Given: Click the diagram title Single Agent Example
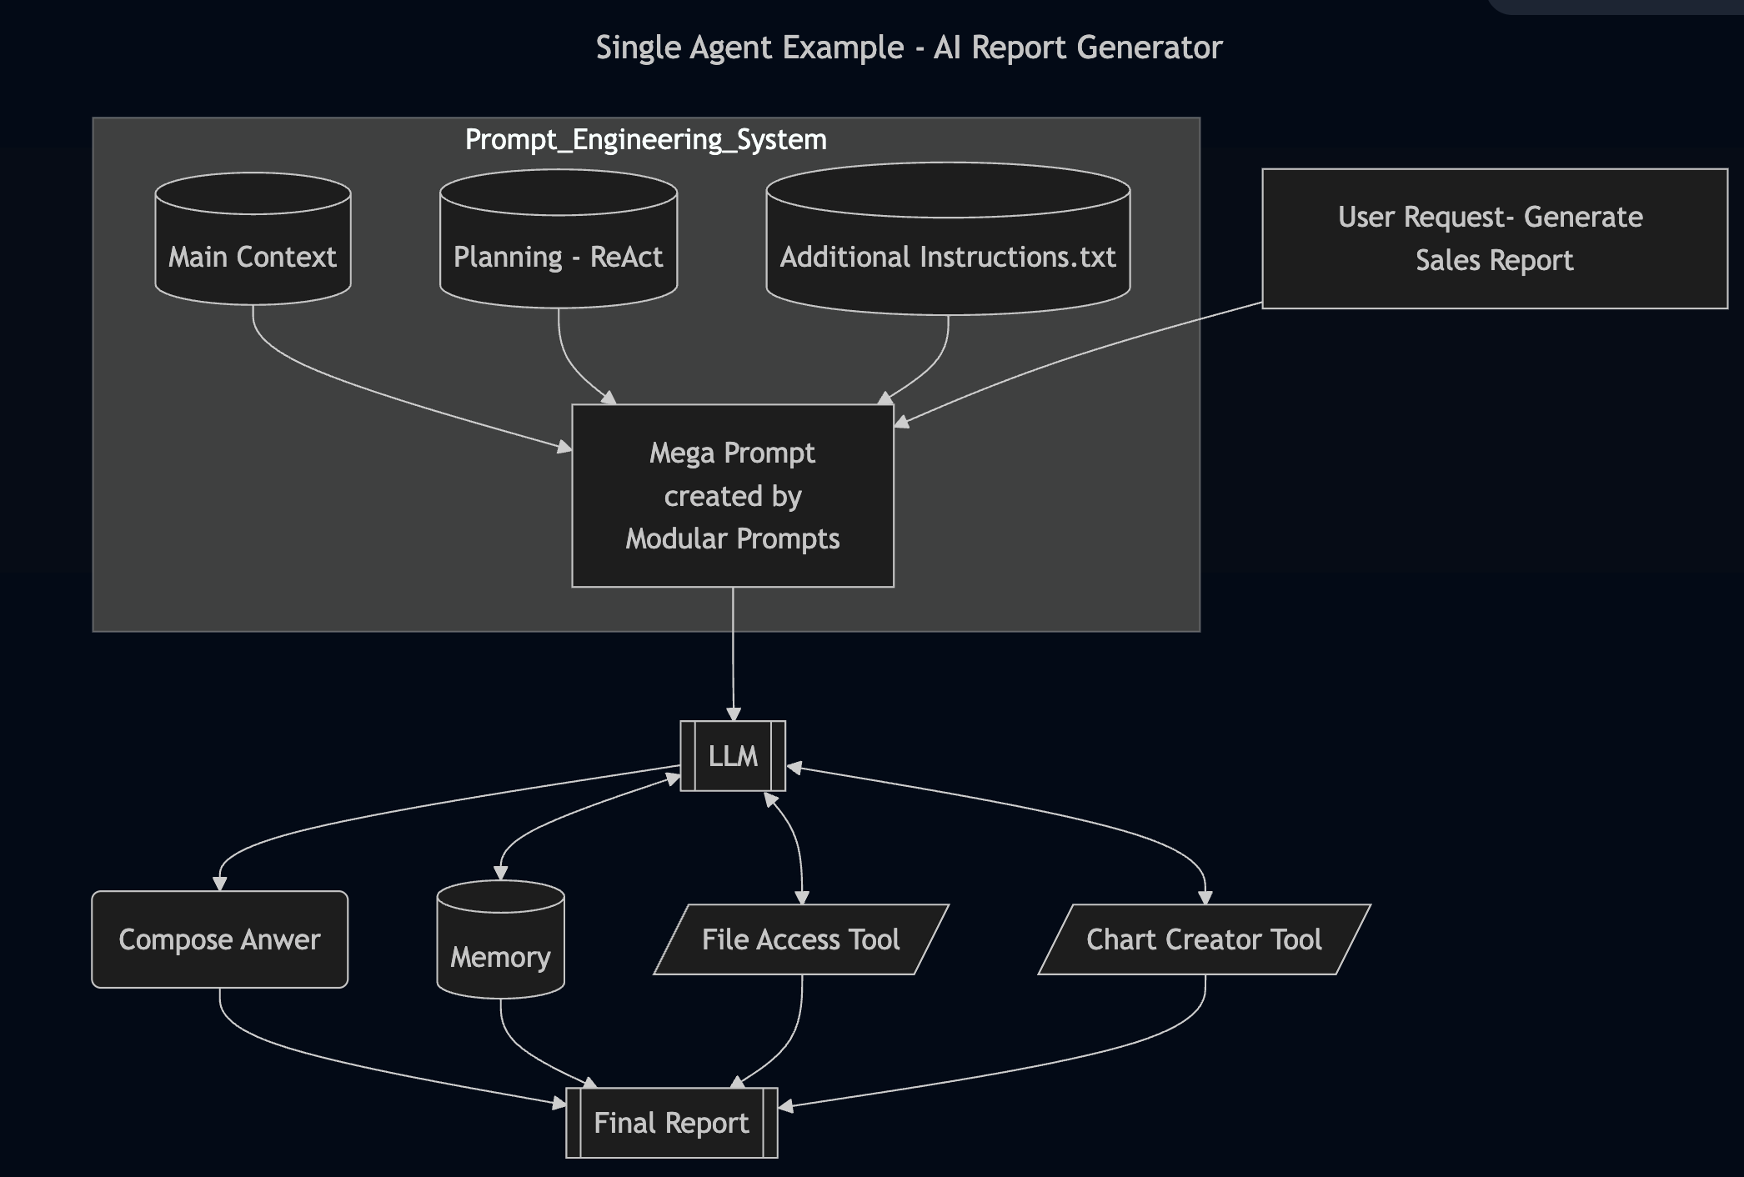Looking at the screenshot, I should pyautogui.click(x=909, y=48).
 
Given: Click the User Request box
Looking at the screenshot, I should pyautogui.click(x=1494, y=238).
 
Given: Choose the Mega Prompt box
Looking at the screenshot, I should pyautogui.click(x=732, y=496).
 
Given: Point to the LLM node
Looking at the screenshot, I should pyautogui.click(x=733, y=756).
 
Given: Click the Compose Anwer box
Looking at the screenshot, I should pyautogui.click(x=219, y=939).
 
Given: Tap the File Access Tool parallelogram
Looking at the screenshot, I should pyautogui.click(x=800, y=939).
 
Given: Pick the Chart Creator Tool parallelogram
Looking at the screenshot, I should pyautogui.click(x=1204, y=939).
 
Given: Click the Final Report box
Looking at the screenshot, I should pyautogui.click(x=671, y=1123).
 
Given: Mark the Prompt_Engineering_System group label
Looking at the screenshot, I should pyautogui.click(x=645, y=139).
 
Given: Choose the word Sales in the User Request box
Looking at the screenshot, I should pyautogui.click(x=1447, y=260).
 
